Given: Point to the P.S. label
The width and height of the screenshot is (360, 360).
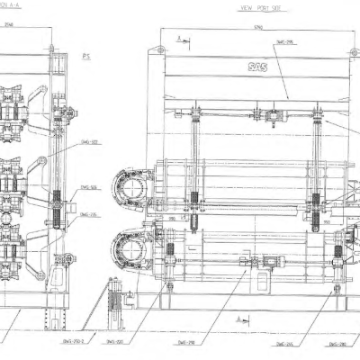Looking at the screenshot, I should pos(87,56).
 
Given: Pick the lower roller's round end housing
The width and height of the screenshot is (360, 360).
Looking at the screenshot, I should pos(136,247).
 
